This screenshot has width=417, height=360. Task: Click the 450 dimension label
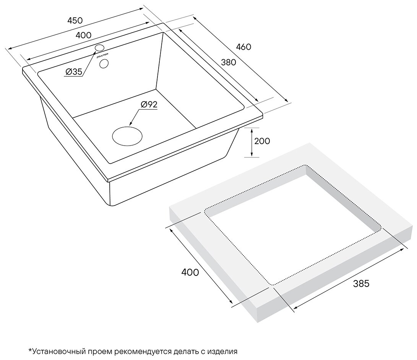tap(75, 21)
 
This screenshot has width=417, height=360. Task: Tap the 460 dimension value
tap(243, 47)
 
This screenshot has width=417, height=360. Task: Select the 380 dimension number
tap(229, 62)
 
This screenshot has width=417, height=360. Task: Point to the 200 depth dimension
tap(262, 141)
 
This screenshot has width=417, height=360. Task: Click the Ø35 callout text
tap(74, 71)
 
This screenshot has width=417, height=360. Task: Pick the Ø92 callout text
tap(149, 104)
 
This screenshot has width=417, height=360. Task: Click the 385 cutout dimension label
tap(361, 284)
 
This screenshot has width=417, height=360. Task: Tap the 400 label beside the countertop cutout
tap(190, 272)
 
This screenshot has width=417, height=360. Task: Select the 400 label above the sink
tap(83, 35)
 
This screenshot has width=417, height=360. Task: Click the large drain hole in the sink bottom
tap(127, 136)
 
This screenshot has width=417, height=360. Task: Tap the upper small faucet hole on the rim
tap(99, 48)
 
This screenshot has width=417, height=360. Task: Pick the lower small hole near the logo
tap(104, 63)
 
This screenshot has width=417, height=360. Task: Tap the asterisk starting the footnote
tap(30, 350)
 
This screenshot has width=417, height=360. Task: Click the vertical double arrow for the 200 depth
tap(251, 142)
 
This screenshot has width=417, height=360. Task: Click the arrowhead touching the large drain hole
tap(131, 124)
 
